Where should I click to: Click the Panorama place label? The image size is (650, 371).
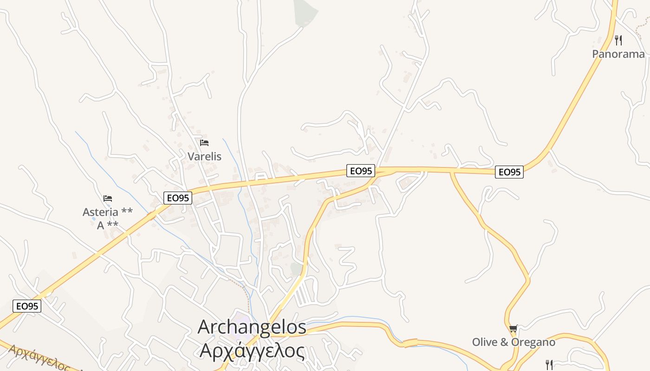[x=618, y=54]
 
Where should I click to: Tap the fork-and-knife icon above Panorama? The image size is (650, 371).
[x=618, y=40]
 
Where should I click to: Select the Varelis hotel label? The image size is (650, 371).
[x=204, y=157]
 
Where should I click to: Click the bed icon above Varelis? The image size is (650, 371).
[x=204, y=143]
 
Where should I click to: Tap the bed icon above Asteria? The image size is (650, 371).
[x=108, y=198]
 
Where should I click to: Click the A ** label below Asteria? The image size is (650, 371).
[x=107, y=225]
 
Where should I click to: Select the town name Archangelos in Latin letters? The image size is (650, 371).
[x=252, y=327]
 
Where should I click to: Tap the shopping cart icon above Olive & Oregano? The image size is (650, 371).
[x=513, y=329]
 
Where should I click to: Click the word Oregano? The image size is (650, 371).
[x=533, y=342]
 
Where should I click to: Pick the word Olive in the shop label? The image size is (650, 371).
[x=484, y=342]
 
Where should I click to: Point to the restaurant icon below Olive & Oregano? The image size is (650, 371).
[x=549, y=365]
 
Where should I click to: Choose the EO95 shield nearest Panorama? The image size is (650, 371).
[x=509, y=172]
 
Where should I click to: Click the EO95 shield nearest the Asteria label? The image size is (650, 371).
[x=178, y=198]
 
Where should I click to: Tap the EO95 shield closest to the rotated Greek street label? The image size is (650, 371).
[x=27, y=306]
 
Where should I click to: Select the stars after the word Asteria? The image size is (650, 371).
[x=127, y=212]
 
